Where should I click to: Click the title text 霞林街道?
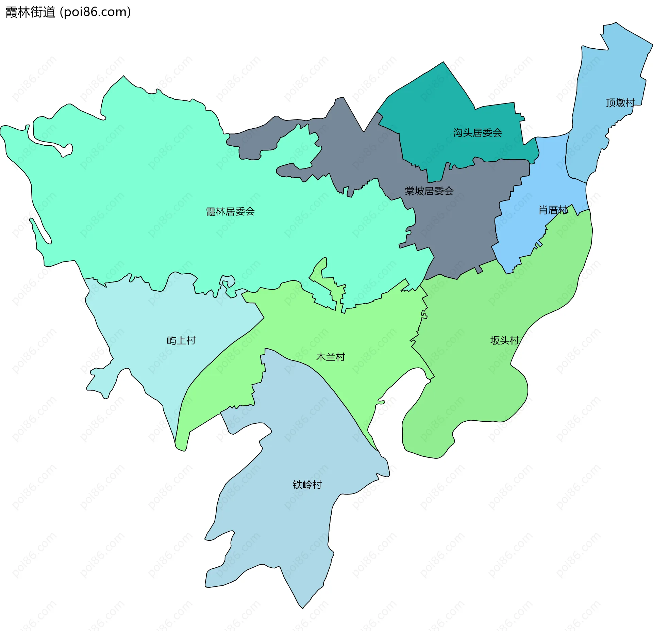pos(30,12)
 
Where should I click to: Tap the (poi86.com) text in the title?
pos(95,12)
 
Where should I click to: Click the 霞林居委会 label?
pos(230,212)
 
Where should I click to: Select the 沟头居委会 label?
pos(477,133)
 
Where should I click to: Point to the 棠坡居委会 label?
pos(429,191)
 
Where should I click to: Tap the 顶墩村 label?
pos(620,103)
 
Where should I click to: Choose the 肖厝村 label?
pos(553,210)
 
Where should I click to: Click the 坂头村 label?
pos(504,340)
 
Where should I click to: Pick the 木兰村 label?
pos(331,357)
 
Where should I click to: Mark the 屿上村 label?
pos(181,340)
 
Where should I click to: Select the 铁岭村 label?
pos(307,485)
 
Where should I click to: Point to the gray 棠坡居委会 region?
pos(456,231)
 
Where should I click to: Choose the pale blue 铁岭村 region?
pos(289,528)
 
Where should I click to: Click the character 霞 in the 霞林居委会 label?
pos(211,212)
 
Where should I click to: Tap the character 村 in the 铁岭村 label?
pos(317,485)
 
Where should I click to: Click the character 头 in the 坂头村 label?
pos(504,340)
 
